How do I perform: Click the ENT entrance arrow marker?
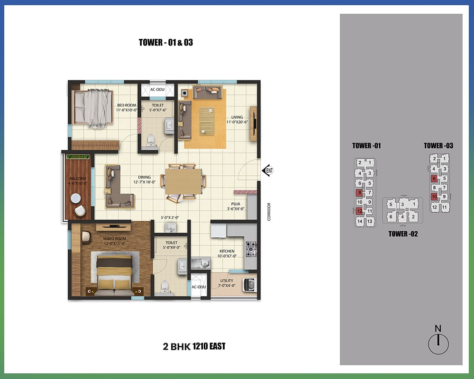tap(268, 171)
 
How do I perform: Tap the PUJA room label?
tap(236, 204)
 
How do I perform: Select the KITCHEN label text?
tap(227, 251)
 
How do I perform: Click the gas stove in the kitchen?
tap(251, 249)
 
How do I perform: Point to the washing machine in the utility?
tap(250, 285)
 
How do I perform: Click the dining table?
tap(183, 181)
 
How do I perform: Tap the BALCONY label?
tap(78, 179)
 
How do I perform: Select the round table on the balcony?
tap(75, 199)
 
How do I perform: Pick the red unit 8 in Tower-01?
tap(359, 192)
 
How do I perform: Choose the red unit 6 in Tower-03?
tap(434, 178)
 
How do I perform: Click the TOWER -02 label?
tap(403, 234)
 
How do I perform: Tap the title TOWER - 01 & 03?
tap(165, 42)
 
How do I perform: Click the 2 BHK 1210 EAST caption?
tap(194, 346)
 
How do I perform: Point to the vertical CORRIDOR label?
tap(269, 212)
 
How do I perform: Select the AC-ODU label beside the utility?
tap(199, 287)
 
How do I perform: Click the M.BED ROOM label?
tap(115, 239)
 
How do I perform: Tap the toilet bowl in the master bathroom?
tap(164, 287)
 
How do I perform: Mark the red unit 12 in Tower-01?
tap(359, 211)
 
